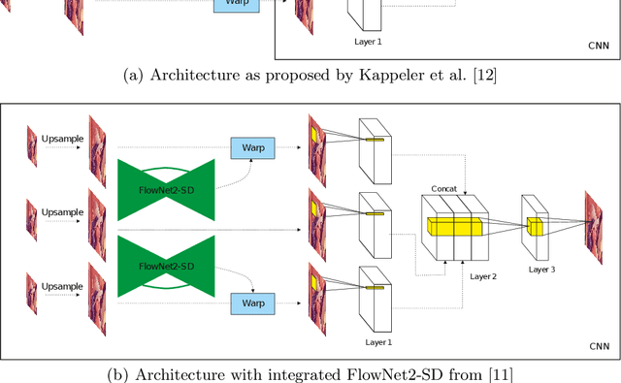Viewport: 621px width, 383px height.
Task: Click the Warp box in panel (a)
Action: pos(235,5)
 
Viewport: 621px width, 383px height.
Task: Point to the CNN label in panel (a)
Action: pos(600,45)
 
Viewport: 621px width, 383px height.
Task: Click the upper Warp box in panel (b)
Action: pos(252,148)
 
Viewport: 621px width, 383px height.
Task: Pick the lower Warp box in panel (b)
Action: pos(252,303)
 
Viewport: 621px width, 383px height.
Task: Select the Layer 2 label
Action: pos(481,275)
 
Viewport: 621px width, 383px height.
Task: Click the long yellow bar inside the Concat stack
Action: pos(454,227)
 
